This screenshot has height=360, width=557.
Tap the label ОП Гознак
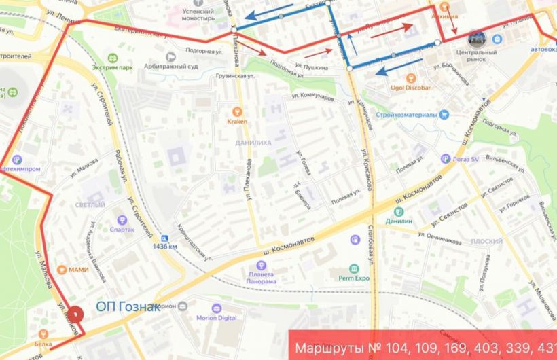128,307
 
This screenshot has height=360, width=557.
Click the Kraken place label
236,121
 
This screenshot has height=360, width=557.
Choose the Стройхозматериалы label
408,114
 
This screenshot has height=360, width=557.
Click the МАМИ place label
78,270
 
